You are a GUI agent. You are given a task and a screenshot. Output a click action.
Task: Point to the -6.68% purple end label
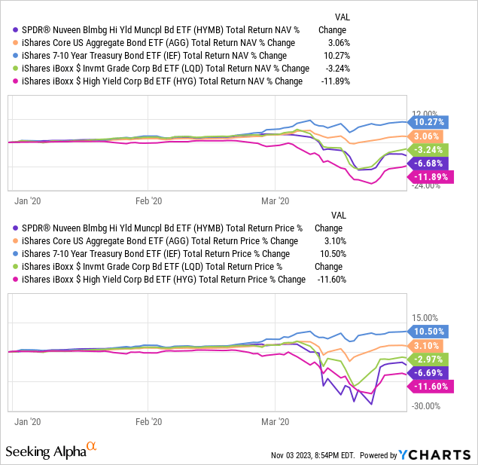(428, 163)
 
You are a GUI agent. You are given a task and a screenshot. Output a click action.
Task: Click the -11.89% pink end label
(429, 176)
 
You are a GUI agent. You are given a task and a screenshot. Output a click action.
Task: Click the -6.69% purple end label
(428, 372)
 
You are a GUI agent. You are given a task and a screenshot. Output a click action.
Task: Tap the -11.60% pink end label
(429, 386)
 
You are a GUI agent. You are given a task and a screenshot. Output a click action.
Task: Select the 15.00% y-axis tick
(425, 318)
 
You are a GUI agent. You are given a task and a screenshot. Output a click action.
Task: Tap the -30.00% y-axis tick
(425, 406)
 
